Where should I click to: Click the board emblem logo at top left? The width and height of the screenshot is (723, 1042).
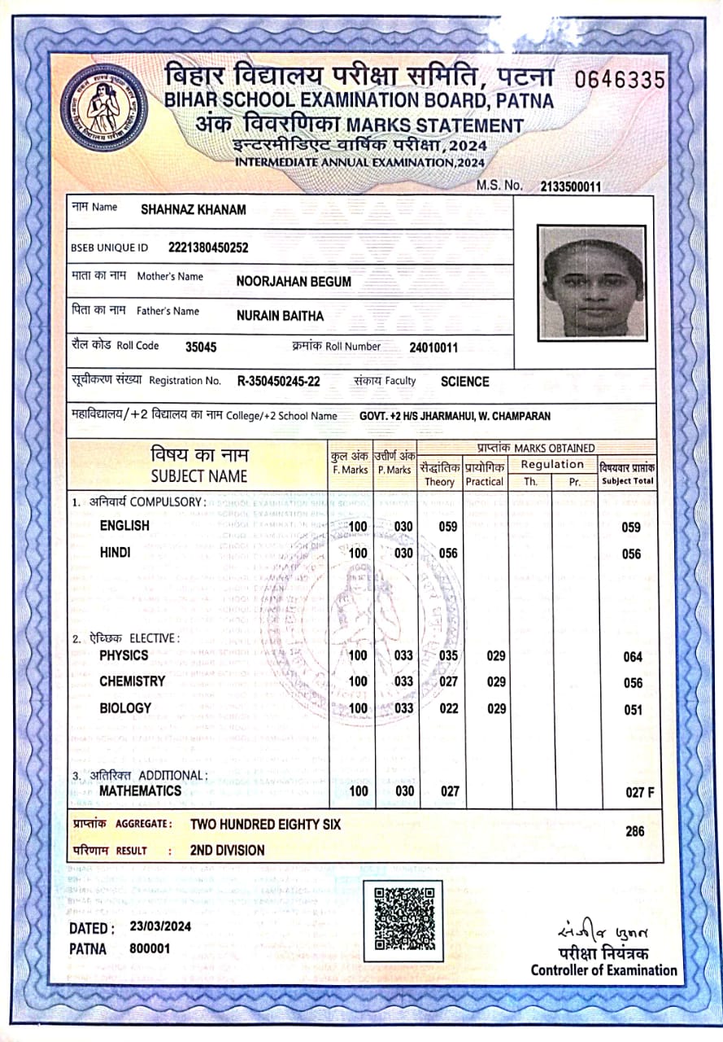(x=103, y=106)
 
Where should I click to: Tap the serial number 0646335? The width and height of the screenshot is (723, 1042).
(x=620, y=80)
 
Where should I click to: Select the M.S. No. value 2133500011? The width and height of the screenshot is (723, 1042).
(x=570, y=186)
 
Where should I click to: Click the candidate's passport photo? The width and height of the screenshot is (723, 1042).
(x=592, y=282)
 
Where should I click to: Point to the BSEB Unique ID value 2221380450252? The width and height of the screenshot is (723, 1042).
(x=208, y=247)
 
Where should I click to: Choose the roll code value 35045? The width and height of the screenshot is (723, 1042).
(x=201, y=347)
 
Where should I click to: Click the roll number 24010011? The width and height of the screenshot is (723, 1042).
(x=433, y=348)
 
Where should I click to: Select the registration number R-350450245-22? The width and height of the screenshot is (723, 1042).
(x=278, y=381)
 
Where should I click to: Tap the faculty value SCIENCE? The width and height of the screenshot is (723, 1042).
(x=465, y=381)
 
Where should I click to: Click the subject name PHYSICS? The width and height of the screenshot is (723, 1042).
(x=124, y=655)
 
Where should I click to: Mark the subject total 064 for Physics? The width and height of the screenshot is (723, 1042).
(x=633, y=657)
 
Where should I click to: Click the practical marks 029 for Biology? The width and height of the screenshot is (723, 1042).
(x=496, y=708)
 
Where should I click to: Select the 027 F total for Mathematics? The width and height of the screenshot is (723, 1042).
(x=639, y=792)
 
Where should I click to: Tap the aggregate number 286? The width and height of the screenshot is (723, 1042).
(x=635, y=831)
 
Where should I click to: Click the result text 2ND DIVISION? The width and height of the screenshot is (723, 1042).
(x=227, y=850)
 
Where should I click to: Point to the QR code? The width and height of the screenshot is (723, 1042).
(x=403, y=920)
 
